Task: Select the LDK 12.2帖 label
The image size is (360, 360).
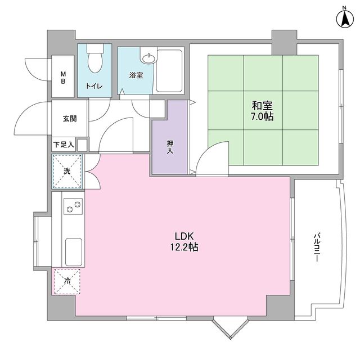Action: (184, 241)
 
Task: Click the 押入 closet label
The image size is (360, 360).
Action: (170, 147)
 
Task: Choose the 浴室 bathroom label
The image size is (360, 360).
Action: (136, 75)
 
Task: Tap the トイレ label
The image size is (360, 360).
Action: (93, 86)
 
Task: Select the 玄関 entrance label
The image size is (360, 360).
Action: (70, 119)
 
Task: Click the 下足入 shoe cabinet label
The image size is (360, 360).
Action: (64, 145)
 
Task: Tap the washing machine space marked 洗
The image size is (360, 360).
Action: (67, 171)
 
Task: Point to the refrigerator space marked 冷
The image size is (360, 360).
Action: (67, 282)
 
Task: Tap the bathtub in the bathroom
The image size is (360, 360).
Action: (169, 71)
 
